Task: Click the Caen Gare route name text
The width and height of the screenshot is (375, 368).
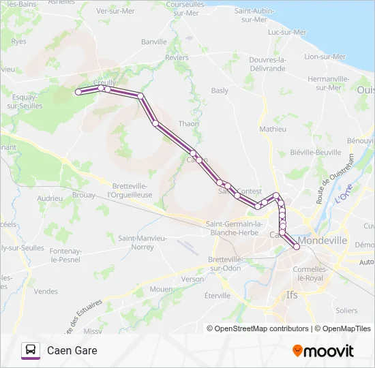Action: tap(72, 350)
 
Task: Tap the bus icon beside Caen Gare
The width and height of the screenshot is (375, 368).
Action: tap(31, 350)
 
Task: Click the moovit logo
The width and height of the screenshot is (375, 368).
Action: tap(323, 351)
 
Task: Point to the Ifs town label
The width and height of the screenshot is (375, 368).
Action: tap(292, 295)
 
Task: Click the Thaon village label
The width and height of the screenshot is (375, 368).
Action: tap(188, 123)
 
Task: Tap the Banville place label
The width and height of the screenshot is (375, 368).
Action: tap(154, 42)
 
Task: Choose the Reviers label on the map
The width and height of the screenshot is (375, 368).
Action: tap(177, 58)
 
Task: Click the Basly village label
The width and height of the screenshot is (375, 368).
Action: tap(220, 90)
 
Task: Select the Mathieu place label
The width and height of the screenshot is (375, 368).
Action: tap(273, 128)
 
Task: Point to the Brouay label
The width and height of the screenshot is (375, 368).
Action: tap(83, 195)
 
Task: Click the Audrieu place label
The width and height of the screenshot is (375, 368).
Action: tap(50, 198)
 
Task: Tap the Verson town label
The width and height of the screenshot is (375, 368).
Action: tap(192, 279)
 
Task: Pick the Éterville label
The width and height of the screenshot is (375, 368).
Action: tap(218, 295)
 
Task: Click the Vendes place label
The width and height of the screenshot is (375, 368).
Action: tap(46, 291)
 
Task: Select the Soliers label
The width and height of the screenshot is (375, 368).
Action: tap(346, 310)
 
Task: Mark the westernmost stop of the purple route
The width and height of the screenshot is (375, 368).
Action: tap(78, 91)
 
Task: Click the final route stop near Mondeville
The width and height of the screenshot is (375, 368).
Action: tap(297, 247)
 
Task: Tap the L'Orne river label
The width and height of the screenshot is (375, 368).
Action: tap(344, 192)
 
